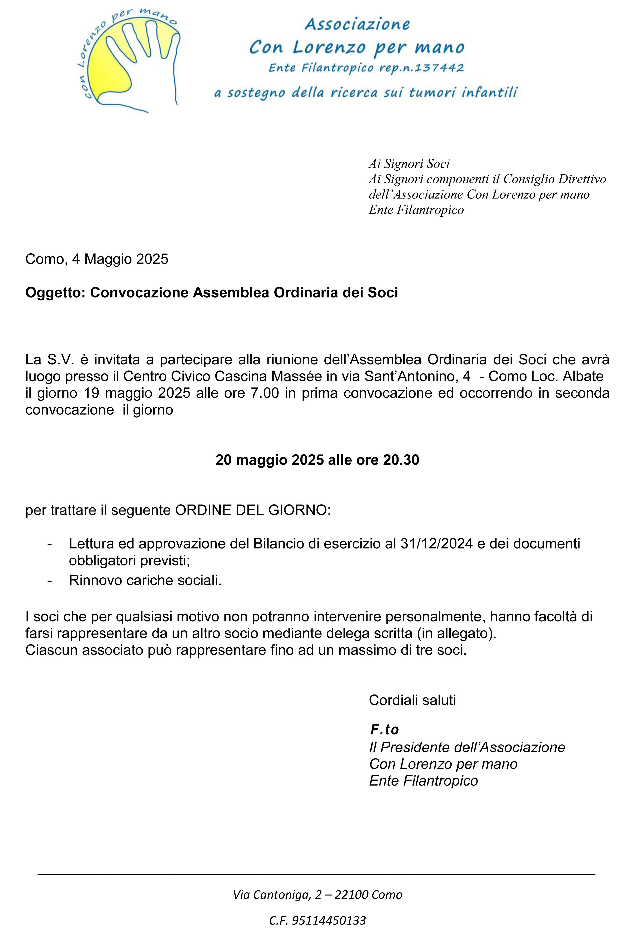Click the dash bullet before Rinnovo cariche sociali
(50, 580)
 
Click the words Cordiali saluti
(412, 700)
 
